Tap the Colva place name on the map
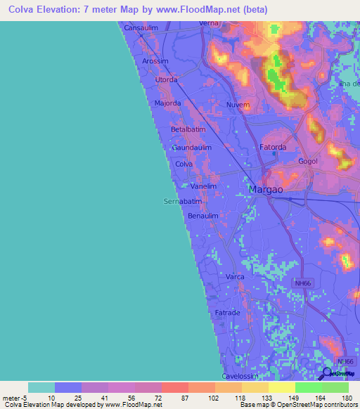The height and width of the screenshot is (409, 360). [184, 164]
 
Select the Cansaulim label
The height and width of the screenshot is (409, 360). [142, 28]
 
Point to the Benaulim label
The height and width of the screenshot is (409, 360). [203, 216]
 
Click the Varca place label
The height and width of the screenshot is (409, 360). [235, 278]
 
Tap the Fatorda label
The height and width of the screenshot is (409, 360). [273, 147]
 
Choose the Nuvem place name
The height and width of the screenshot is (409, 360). [238, 105]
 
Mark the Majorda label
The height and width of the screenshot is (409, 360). [167, 103]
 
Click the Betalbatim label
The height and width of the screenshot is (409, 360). [188, 130]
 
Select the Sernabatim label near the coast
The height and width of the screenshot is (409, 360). [182, 201]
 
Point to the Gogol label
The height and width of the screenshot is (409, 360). [308, 161]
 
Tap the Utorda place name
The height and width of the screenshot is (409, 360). [166, 80]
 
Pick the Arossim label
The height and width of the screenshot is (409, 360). [155, 61]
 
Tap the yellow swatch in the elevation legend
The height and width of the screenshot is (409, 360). [281, 387]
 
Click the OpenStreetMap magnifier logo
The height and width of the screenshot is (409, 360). [326, 374]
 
